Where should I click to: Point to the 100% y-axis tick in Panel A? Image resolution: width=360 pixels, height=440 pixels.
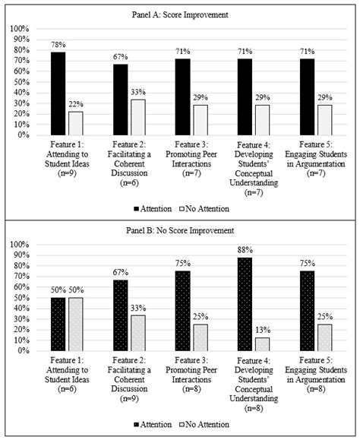[18, 28]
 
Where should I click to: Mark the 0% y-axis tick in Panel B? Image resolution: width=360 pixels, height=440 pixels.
[21, 351]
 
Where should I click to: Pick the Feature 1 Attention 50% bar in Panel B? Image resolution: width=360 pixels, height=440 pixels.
[57, 324]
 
